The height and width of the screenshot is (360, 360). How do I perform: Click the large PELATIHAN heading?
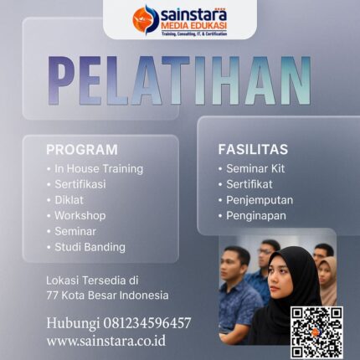(x=179, y=82)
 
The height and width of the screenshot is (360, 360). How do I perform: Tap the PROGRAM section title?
(x=82, y=150)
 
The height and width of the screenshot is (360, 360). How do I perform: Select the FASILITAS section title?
(x=253, y=150)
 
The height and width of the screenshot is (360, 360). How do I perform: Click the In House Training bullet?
(x=99, y=168)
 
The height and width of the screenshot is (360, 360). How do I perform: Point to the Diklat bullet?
(x=70, y=200)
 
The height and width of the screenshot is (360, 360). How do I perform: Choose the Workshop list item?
(x=80, y=215)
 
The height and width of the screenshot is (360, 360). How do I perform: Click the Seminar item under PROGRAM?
(x=75, y=231)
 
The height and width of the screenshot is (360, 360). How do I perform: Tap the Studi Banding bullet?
(x=90, y=247)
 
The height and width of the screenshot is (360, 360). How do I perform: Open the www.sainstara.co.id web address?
(x=105, y=341)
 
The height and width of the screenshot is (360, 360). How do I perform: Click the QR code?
(x=316, y=332)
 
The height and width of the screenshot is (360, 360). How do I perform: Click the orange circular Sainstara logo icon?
(x=146, y=18)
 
